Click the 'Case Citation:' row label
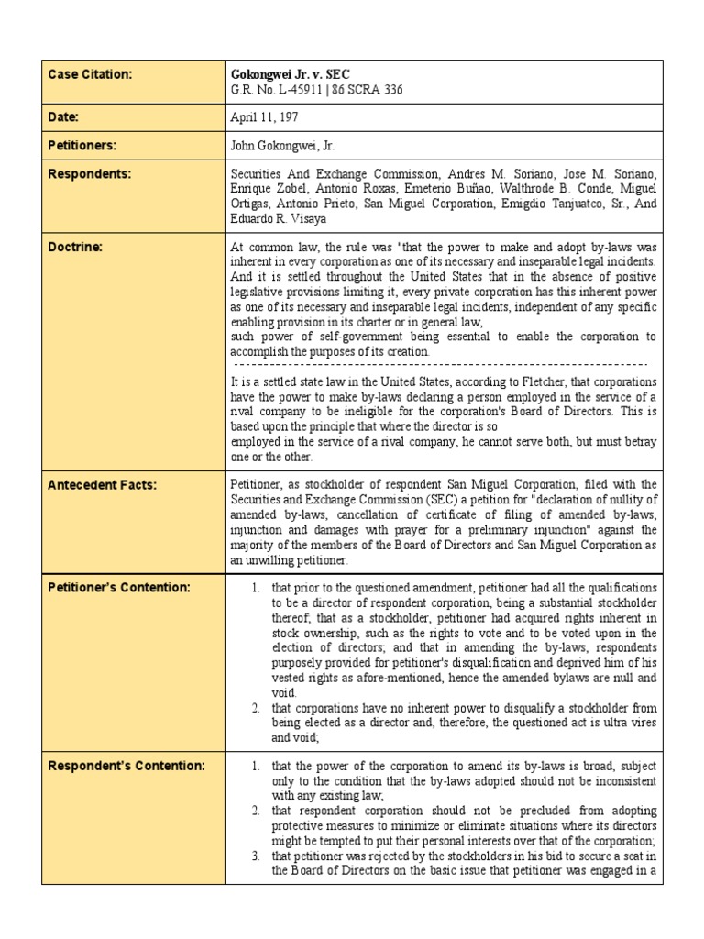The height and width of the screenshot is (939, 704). click(90, 73)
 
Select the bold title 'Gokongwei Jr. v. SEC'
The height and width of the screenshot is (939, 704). click(290, 73)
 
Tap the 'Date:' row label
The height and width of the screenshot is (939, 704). click(63, 117)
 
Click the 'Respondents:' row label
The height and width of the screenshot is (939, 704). click(89, 173)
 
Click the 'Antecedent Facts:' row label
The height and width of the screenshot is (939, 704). click(102, 485)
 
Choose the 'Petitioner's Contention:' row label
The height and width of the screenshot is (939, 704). click(118, 587)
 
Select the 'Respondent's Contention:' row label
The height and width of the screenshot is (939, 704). click(126, 766)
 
